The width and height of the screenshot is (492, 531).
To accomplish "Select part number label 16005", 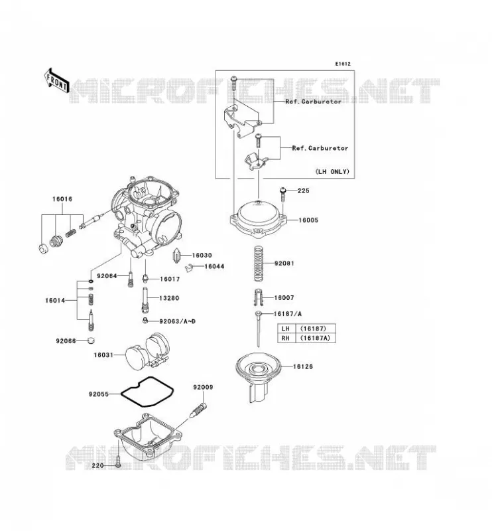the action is pyautogui.click(x=308, y=220).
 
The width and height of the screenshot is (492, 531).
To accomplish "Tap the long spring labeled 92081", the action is pyautogui.click(x=258, y=263).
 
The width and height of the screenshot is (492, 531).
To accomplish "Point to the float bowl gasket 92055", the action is pyautogui.click(x=147, y=392).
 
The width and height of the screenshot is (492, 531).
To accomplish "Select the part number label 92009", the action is pyautogui.click(x=203, y=387).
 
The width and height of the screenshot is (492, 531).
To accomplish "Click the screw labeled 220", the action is pyautogui.click(x=118, y=462).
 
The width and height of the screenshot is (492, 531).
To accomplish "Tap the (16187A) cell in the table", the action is pyautogui.click(x=315, y=338).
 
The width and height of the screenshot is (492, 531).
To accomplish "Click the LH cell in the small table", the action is pyautogui.click(x=286, y=329).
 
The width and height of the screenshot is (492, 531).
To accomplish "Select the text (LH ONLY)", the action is pyautogui.click(x=332, y=172).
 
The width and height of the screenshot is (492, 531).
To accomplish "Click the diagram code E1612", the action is pyautogui.click(x=343, y=64).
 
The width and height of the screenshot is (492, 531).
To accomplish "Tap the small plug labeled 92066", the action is pyautogui.click(x=91, y=341).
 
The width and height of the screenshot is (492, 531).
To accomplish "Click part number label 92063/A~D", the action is pyautogui.click(x=177, y=321).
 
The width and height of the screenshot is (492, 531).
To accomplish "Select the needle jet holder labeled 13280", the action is pyautogui.click(x=145, y=300).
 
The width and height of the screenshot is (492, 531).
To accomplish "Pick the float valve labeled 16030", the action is pyautogui.click(x=177, y=256).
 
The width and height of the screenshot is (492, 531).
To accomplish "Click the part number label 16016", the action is pyautogui.click(x=62, y=199).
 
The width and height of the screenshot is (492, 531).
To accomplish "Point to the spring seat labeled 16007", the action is pyautogui.click(x=258, y=297).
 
